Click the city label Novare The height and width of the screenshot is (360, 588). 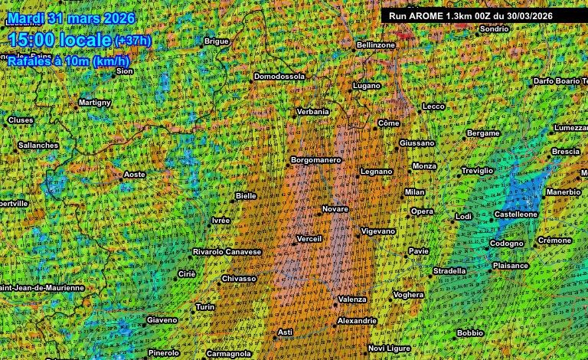pos(335,208)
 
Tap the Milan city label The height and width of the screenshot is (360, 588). pos(414,191)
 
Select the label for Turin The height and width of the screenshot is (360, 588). pos(205,306)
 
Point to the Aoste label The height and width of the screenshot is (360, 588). pos(135,175)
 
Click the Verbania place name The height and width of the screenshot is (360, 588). pos(313,111)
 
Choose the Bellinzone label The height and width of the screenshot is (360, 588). pos(376,45)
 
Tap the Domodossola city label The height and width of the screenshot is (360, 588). pos(279,77)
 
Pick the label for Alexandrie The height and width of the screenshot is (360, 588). pos(357,320)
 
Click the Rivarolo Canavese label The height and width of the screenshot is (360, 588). pos(227,251)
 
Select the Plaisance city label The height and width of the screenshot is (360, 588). pos(511,266)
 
